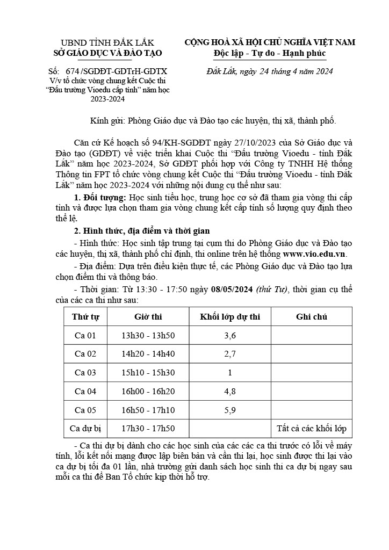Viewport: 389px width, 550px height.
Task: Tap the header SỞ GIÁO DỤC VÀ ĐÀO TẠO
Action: pyautogui.click(x=107, y=53)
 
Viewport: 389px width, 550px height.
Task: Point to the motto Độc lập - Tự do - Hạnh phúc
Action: pyautogui.click(x=270, y=53)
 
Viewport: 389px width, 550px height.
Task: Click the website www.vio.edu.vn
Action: pyautogui.click(x=314, y=254)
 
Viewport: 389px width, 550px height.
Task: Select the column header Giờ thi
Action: pyautogui.click(x=148, y=317)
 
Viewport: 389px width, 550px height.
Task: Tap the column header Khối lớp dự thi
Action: pyautogui.click(x=230, y=317)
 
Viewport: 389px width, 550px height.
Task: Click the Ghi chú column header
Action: pyautogui.click(x=312, y=317)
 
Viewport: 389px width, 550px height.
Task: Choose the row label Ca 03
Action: pyautogui.click(x=85, y=373)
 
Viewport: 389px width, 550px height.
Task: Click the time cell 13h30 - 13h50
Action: pyautogui.click(x=148, y=336)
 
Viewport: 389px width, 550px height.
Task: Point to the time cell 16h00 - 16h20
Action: pyautogui.click(x=148, y=392)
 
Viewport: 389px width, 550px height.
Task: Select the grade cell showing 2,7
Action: pyautogui.click(x=230, y=354)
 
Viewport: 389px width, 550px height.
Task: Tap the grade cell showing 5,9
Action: pyautogui.click(x=230, y=410)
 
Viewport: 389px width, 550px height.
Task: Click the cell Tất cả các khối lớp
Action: pyautogui.click(x=312, y=429)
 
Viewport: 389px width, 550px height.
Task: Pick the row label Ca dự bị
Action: pyautogui.click(x=85, y=429)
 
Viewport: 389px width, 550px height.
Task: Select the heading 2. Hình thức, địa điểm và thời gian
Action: pyautogui.click(x=141, y=243)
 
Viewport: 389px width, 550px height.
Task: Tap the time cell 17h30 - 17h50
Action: pyautogui.click(x=148, y=429)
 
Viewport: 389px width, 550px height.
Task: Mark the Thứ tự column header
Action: pyautogui.click(x=85, y=317)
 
